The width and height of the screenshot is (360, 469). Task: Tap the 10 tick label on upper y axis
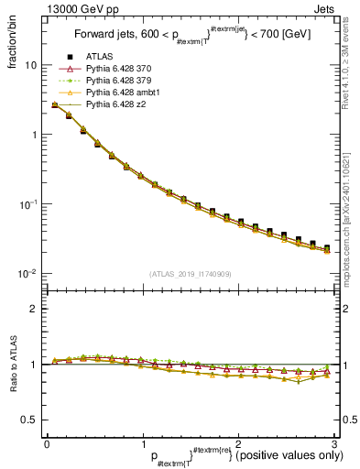click(x=31, y=66)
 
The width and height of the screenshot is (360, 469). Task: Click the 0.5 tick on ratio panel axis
click(x=29, y=420)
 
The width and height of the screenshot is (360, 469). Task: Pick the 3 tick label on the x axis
click(x=333, y=442)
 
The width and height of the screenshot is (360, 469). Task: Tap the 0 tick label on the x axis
click(x=47, y=442)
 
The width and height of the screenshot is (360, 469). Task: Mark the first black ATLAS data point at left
click(x=55, y=105)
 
